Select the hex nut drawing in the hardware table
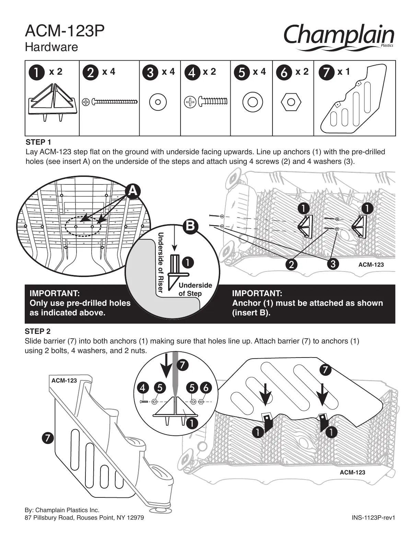coord(291,102)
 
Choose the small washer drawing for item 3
coord(158,102)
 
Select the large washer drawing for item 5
coord(253,102)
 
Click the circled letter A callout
coord(133,191)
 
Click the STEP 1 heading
coord(38,142)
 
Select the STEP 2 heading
coord(38,331)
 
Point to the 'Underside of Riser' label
coord(160,262)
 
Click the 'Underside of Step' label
coord(195,289)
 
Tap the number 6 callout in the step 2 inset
coord(206,388)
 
